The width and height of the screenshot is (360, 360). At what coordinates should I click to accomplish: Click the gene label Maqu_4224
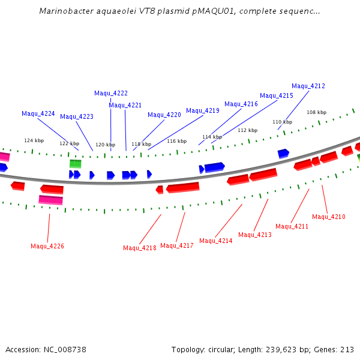click(38, 113)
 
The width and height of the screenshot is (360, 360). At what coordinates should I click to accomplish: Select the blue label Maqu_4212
click(308, 86)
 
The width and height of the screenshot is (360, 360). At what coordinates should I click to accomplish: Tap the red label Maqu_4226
click(47, 246)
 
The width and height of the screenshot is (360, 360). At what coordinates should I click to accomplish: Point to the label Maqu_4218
click(140, 248)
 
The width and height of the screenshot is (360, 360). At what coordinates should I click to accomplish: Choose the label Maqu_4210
click(329, 217)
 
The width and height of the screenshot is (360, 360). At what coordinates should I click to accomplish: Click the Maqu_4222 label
click(111, 93)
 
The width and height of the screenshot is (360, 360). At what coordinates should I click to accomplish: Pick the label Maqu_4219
click(203, 110)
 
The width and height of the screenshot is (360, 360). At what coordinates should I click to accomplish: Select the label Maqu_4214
click(216, 241)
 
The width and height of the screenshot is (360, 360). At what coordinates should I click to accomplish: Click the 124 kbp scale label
click(34, 140)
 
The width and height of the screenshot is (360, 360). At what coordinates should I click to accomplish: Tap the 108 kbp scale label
click(317, 112)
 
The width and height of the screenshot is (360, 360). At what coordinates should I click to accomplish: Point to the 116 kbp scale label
click(177, 141)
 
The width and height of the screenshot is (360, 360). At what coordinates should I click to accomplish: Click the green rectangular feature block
click(76, 164)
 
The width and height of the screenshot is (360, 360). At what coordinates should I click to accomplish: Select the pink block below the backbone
click(51, 200)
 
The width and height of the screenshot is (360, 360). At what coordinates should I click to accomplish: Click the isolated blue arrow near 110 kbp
click(283, 154)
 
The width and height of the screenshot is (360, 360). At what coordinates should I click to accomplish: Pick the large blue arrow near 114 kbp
click(214, 167)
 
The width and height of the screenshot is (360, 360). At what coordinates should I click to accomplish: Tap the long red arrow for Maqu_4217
click(182, 188)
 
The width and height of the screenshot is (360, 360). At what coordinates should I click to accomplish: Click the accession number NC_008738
click(65, 350)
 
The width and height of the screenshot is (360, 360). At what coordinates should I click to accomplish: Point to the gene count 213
click(347, 350)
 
